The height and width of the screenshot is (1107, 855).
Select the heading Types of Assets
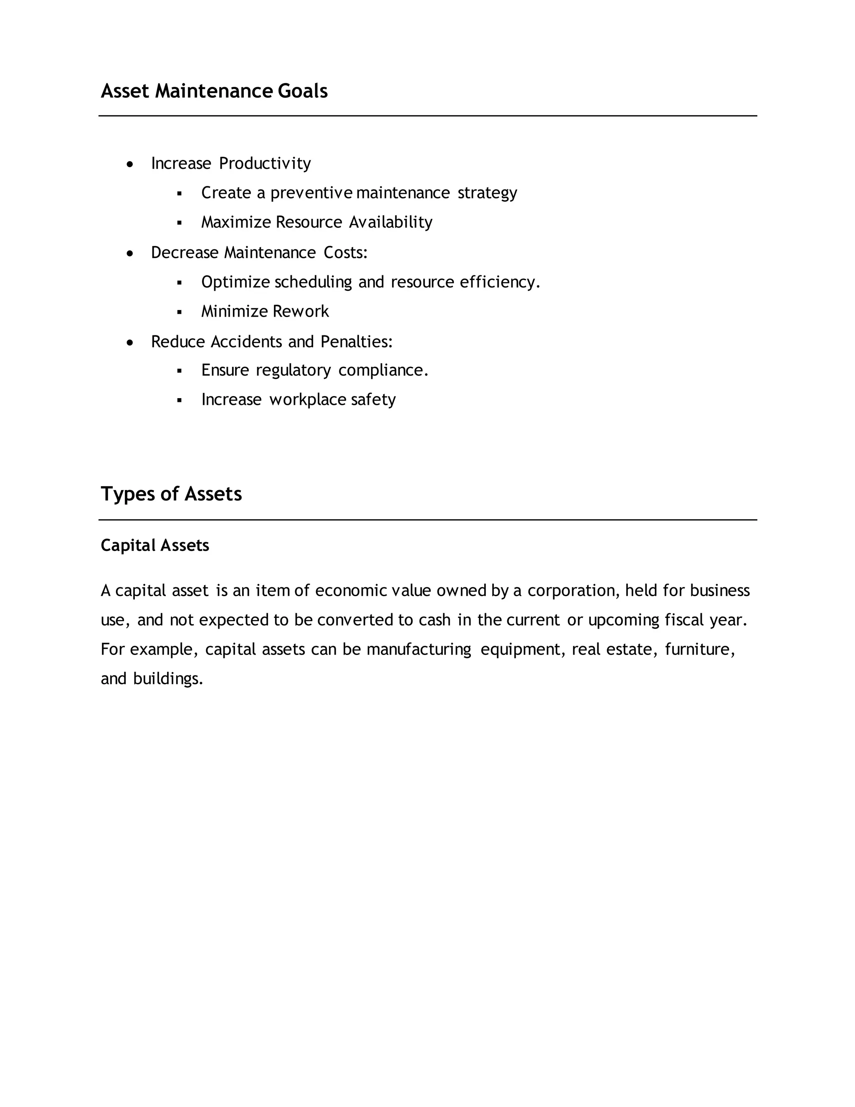coord(171,494)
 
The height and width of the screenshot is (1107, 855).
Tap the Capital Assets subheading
coord(155,546)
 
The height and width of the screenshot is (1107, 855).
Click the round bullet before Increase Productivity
coord(130,164)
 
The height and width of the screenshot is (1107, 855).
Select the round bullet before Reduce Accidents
coord(130,343)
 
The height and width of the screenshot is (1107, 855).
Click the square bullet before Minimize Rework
coord(179,312)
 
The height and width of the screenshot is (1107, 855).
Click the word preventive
coord(311,193)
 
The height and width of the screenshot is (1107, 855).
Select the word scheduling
coord(313,282)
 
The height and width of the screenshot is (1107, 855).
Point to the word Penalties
coord(356,342)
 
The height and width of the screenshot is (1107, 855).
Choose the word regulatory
coord(293,371)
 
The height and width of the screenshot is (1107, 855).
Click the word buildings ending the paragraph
coord(168,679)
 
